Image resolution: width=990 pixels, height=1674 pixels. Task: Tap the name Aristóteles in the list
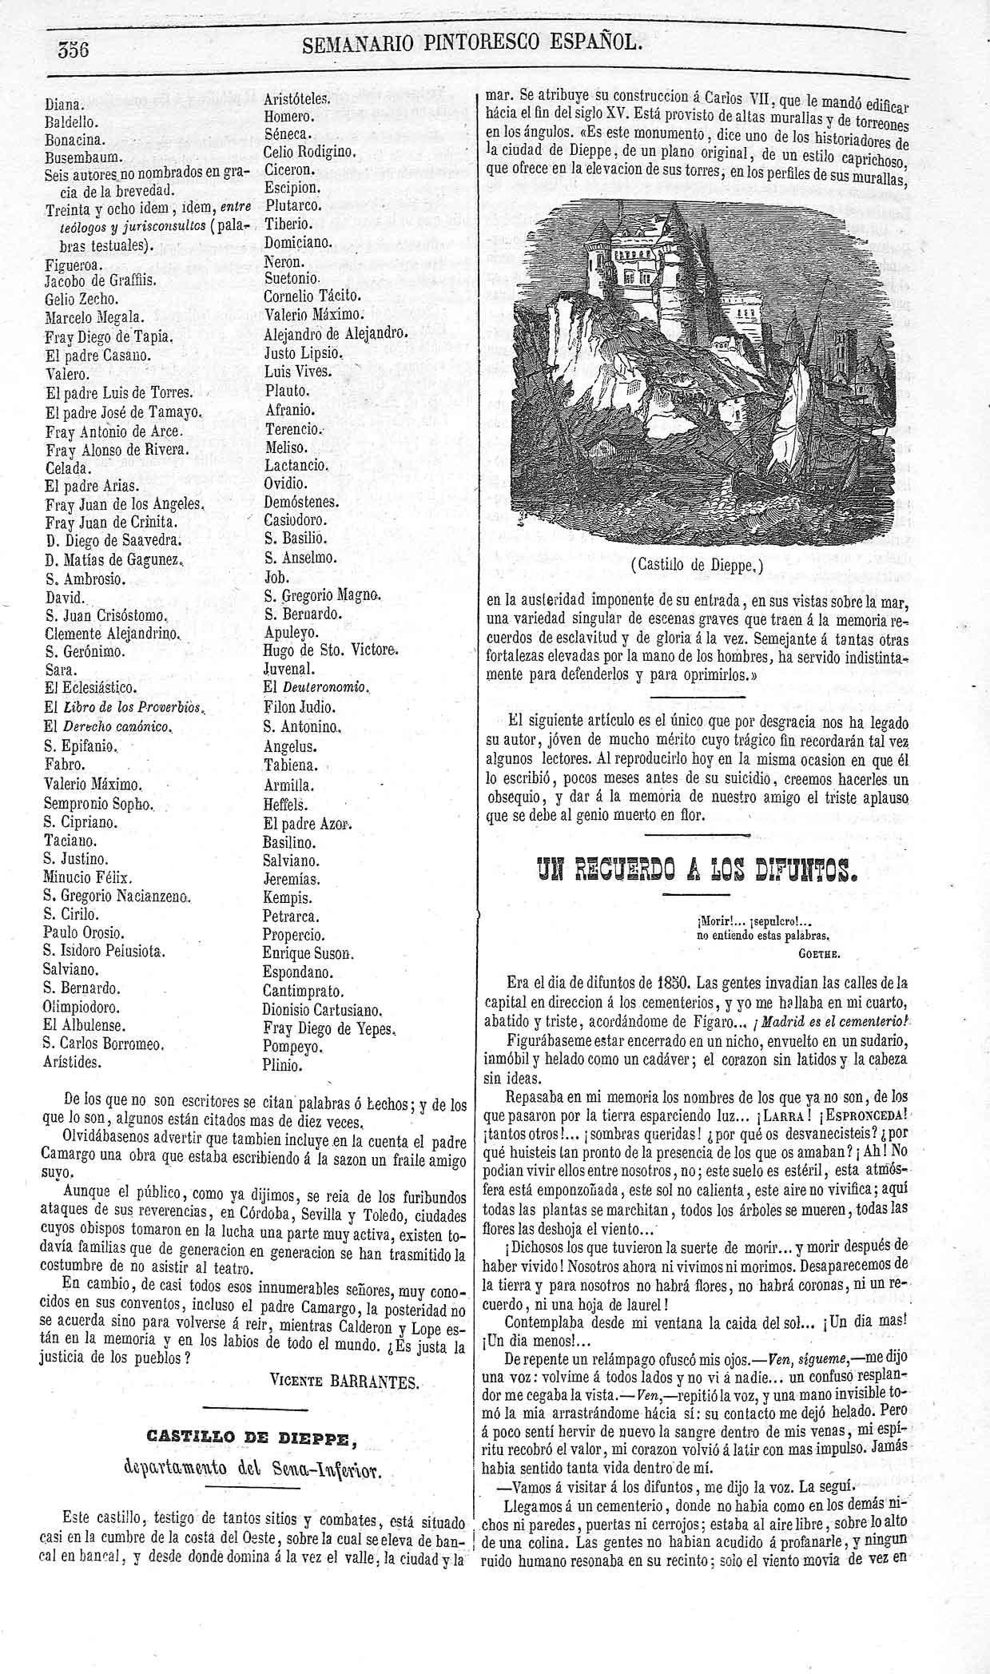(x=296, y=98)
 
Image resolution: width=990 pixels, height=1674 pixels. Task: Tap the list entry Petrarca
(x=291, y=917)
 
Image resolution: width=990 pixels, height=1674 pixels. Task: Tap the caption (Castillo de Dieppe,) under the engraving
(x=697, y=566)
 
